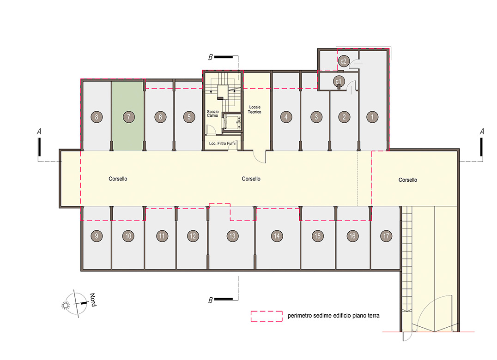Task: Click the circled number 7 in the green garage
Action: [129, 117]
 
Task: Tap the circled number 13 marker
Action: [232, 236]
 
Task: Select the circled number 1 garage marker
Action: [372, 117]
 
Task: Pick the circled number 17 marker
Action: [386, 236]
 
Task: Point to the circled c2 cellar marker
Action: [344, 61]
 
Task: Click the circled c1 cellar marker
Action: [339, 82]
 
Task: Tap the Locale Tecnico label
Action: [255, 109]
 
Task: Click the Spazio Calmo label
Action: [212, 114]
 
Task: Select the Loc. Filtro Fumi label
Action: [222, 144]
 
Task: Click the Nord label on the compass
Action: [93, 300]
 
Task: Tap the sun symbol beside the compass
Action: [66, 305]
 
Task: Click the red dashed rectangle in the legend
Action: [267, 316]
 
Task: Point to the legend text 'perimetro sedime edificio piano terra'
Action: [333, 315]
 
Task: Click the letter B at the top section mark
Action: [211, 57]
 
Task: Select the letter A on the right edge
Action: [482, 131]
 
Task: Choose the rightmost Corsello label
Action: [407, 180]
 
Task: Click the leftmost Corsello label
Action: [118, 179]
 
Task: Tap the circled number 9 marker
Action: [97, 236]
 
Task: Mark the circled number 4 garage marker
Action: [286, 117]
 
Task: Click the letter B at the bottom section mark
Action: [211, 300]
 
